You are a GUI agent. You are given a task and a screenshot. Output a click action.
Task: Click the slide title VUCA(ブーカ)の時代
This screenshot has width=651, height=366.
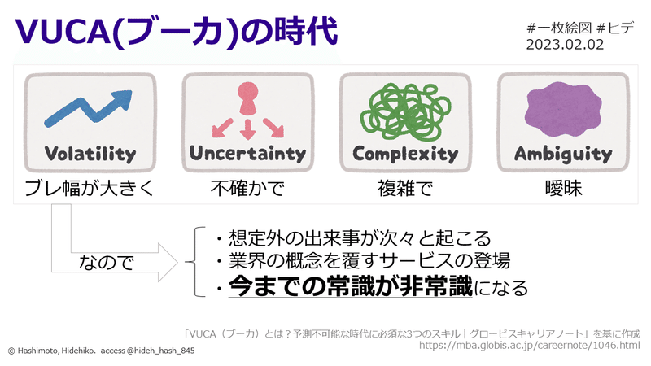point(175,33)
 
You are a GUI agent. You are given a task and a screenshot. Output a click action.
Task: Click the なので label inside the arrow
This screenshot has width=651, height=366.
point(106,263)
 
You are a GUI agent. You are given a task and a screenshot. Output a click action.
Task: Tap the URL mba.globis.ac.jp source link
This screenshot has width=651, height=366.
point(529,346)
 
